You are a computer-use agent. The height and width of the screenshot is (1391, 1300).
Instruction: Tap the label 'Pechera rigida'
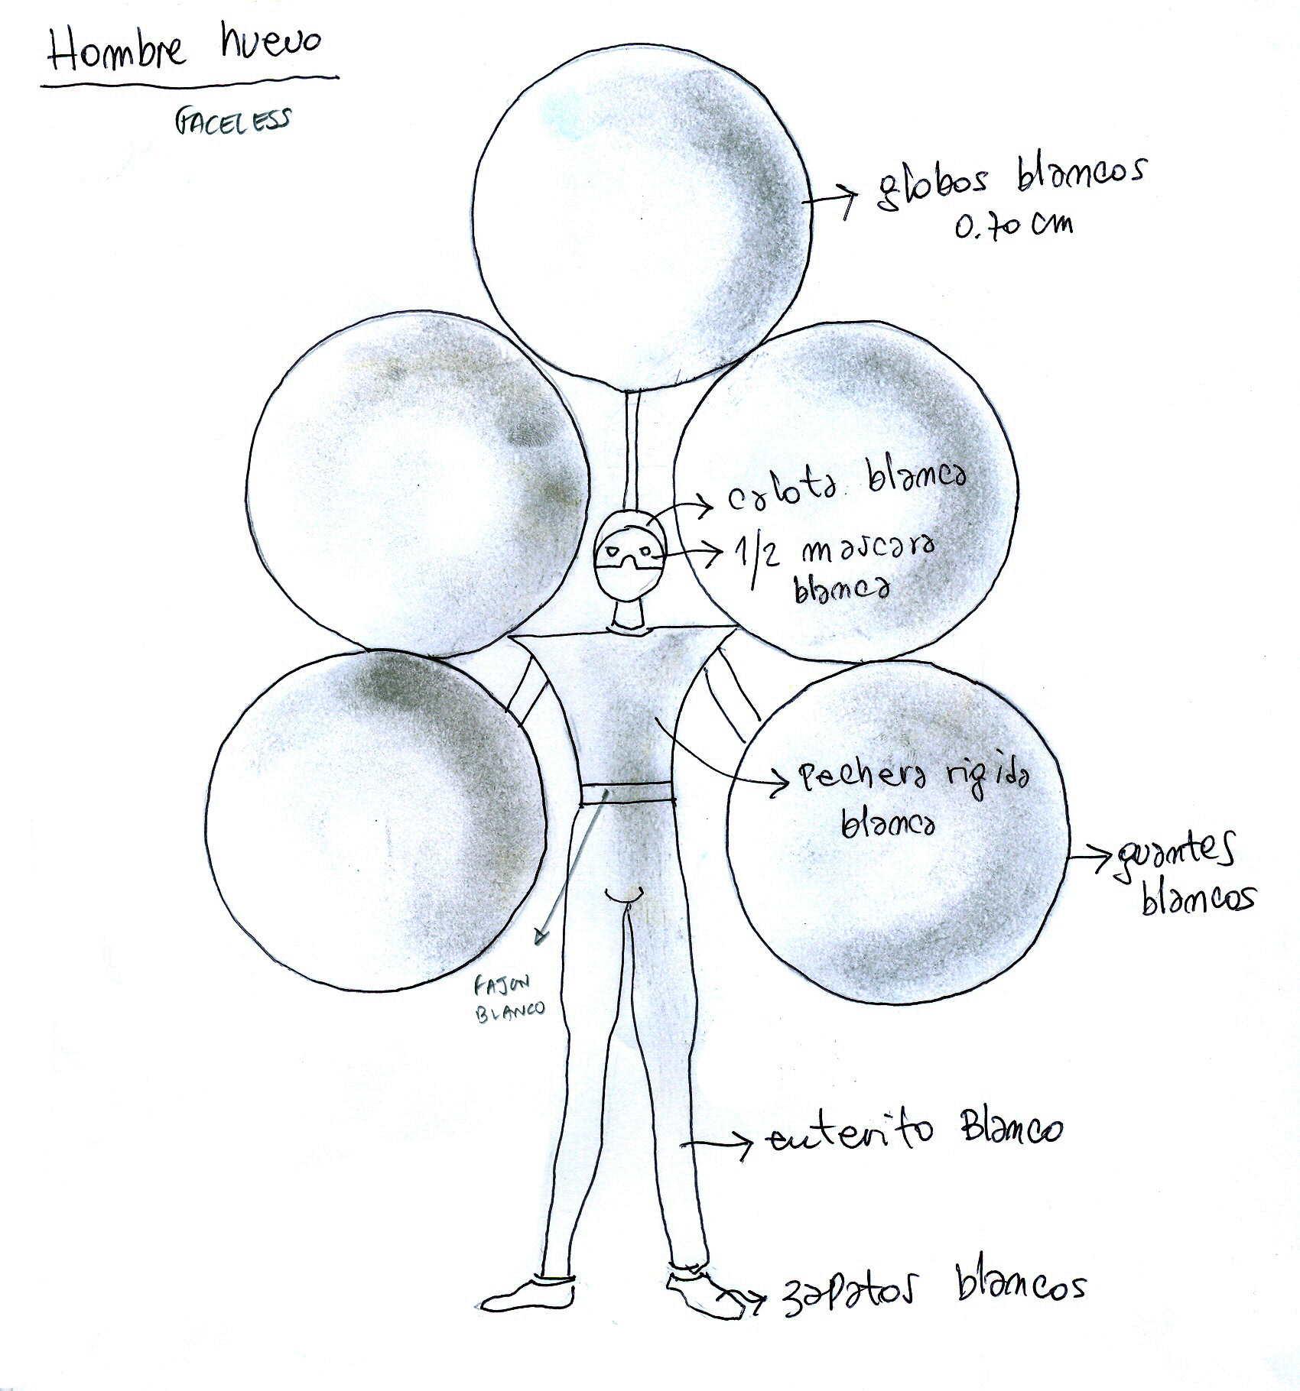(914, 780)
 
